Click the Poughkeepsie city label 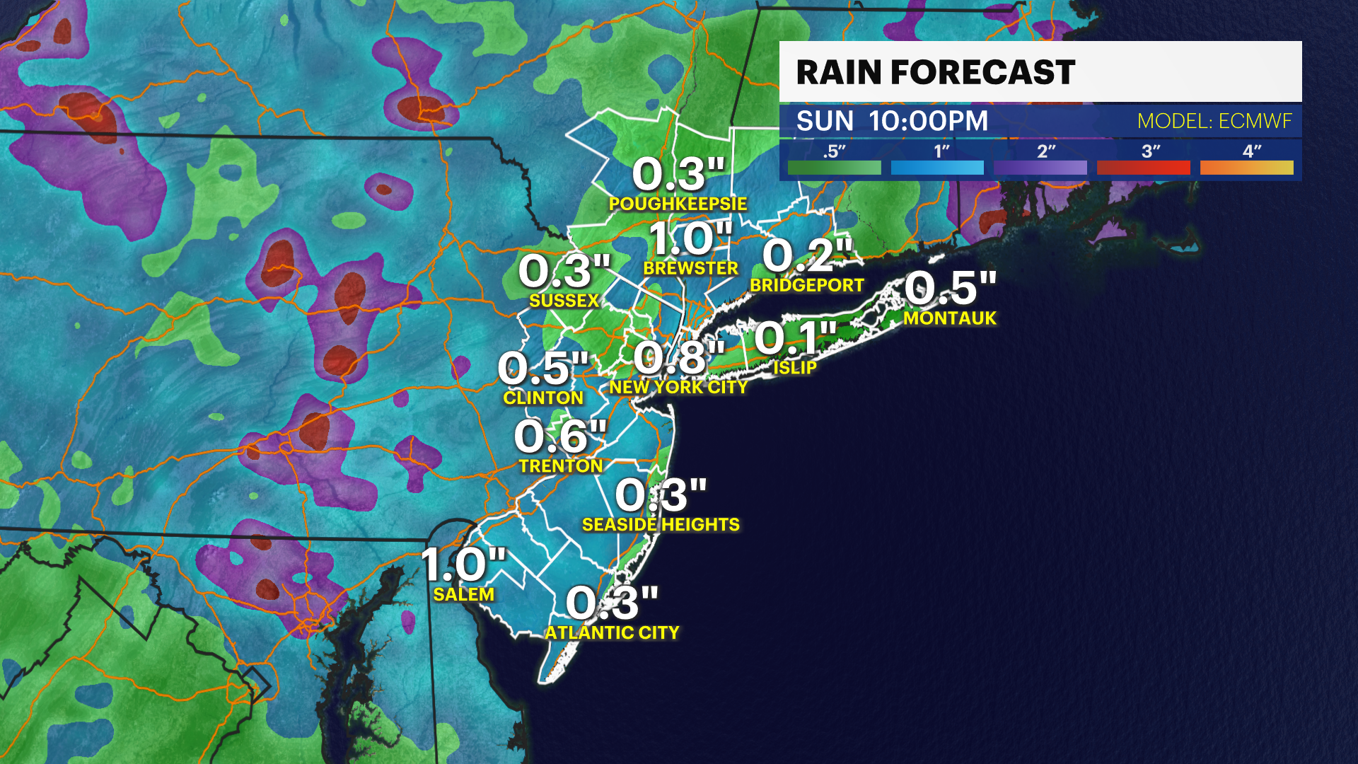point(678,204)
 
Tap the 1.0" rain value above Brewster point(690,238)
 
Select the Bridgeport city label point(807,285)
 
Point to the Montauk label point(950,318)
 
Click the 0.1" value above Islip point(795,337)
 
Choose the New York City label point(678,387)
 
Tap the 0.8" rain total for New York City point(678,357)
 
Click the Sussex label point(564,301)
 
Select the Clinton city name point(543,398)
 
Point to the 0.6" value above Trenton point(560,436)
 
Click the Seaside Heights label point(661,524)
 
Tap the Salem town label point(463,594)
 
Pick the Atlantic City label point(612,632)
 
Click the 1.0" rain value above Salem point(463,565)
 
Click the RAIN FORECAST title point(935,72)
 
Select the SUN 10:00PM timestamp point(892,121)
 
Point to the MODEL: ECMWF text point(1214,121)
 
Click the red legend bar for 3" point(1143,168)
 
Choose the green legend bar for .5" point(834,168)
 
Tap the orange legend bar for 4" point(1246,168)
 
